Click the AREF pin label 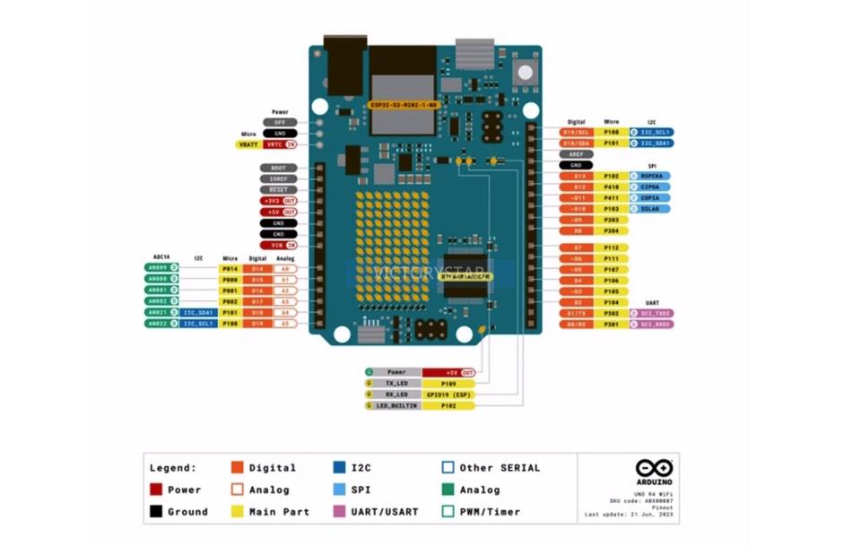[x=576, y=154]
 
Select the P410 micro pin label [x=611, y=187]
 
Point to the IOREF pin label [x=278, y=178]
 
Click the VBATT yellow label [x=247, y=143]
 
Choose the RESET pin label [x=278, y=190]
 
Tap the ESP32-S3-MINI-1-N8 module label [x=404, y=105]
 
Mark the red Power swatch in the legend [x=156, y=490]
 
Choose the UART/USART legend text [x=384, y=512]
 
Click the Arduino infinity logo [x=653, y=468]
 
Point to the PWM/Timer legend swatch [x=448, y=512]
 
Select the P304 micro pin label [x=611, y=230]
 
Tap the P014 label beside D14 [x=230, y=268]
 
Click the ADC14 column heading [x=161, y=256]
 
